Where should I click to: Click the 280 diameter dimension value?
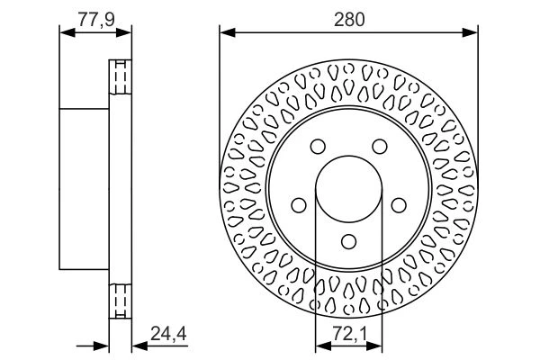coord(349,19)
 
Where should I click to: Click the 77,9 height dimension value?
coord(96,19)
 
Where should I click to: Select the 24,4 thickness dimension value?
coord(168,334)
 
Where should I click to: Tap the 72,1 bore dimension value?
coord(350,334)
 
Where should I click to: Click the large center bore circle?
coord(349,156)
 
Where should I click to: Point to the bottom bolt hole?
coord(349,241)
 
